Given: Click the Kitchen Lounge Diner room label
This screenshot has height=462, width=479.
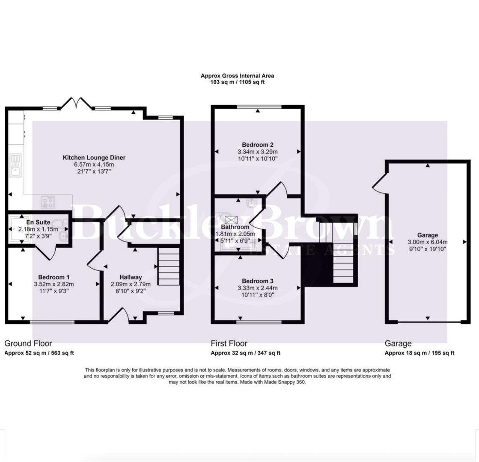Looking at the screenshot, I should coord(94,158).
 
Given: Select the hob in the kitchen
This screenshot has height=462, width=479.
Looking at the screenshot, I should coord(48,202).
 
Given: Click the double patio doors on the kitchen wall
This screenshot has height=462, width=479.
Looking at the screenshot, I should coord(76,103).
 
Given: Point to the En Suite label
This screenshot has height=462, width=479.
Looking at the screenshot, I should coord(38,222).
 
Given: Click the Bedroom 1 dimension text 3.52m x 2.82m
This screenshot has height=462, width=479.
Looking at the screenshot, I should coord(54,284).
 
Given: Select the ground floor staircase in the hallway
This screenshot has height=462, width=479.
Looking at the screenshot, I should coord(169,267).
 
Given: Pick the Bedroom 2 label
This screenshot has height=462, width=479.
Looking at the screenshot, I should coord(257,145).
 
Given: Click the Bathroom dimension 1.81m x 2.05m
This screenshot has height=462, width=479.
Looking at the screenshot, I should coord(235,234).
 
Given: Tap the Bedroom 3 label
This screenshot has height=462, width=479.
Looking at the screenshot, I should coord(257,281).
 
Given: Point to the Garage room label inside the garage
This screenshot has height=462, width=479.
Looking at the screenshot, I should coord(428,235).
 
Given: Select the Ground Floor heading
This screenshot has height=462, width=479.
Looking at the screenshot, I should coord(28,344).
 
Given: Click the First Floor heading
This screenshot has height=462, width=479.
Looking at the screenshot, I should coord(229,344).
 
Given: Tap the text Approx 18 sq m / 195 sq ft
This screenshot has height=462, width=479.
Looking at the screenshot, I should coord(419,353).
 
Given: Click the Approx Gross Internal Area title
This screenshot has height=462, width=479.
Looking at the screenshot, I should coord(237,76).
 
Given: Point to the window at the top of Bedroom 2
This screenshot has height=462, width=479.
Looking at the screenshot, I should coord(259,107).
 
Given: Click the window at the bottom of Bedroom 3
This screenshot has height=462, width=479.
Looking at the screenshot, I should coord(259,322).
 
